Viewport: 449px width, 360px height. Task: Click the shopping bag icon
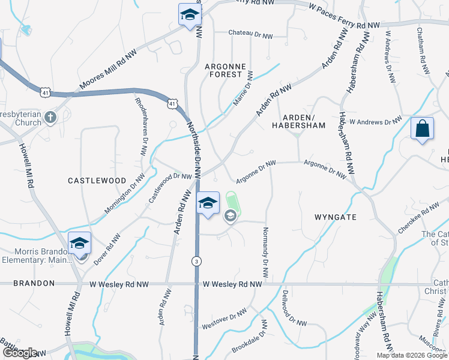point(422,128)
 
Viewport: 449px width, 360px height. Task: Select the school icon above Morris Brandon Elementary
point(79,243)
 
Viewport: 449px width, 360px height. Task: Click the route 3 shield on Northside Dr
point(196,261)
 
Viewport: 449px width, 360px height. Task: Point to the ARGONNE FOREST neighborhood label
point(223,70)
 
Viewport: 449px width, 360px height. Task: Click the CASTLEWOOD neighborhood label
point(97,180)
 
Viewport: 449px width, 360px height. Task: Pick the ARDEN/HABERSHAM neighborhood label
point(298,121)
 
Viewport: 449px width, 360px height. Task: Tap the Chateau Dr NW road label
point(250,36)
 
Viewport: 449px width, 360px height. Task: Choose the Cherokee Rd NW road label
point(419,218)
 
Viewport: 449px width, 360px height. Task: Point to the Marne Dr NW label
point(243,89)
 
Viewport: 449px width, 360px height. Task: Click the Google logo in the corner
point(20,353)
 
